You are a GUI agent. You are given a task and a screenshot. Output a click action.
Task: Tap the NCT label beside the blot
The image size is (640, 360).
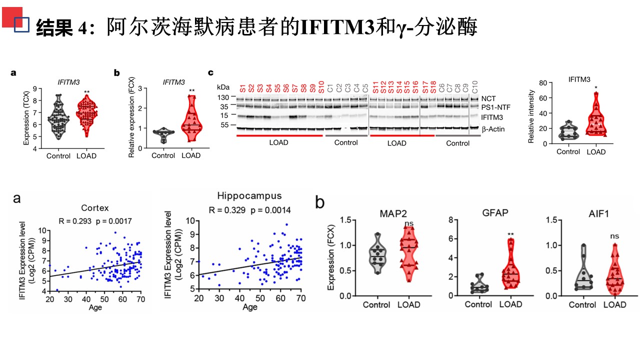(489, 98)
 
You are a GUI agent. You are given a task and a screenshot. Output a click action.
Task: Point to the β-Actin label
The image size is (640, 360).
(493, 129)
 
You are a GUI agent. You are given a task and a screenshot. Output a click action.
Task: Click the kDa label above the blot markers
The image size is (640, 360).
(223, 87)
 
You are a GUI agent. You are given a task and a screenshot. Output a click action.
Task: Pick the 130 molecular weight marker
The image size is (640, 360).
(223, 97)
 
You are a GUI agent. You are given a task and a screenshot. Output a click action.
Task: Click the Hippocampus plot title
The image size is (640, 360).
(249, 195)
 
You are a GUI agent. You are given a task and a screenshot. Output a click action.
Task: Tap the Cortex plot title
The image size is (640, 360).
(95, 207)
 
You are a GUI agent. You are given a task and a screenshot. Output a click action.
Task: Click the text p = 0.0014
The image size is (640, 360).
(270, 210)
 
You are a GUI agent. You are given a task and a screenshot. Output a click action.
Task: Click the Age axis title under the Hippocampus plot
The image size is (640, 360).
(250, 306)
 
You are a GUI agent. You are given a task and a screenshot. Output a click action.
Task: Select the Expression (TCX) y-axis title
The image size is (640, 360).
(26, 118)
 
